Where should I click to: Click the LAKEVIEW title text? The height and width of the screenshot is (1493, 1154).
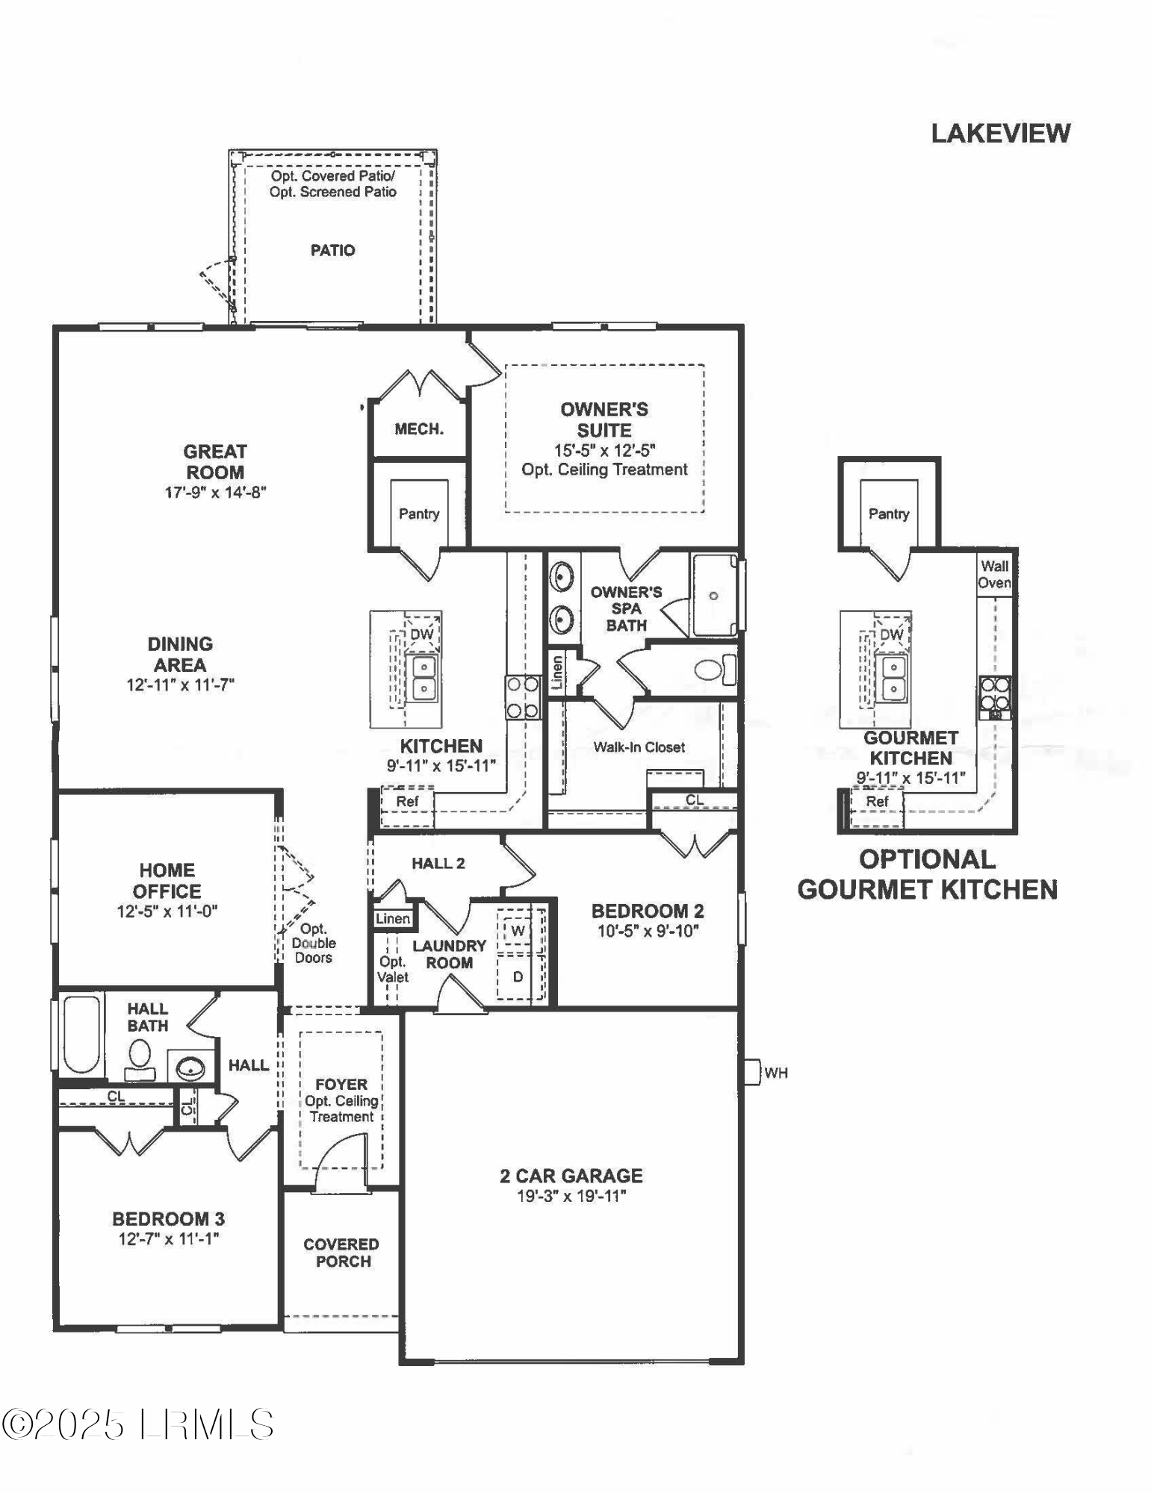1000,134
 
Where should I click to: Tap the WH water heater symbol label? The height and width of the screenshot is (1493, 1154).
775,1073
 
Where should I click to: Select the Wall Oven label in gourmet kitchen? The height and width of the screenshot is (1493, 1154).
994,575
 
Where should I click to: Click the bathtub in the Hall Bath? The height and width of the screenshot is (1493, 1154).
80,1034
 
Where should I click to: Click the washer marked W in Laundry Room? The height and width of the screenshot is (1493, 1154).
518,931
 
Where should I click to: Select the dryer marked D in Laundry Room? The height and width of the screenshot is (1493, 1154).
518,976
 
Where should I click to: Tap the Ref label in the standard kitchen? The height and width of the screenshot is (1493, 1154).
407,802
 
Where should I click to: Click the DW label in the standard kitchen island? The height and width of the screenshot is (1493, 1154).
422,635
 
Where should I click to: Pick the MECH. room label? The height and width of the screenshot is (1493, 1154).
419,429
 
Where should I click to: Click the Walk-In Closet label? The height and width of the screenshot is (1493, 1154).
639,747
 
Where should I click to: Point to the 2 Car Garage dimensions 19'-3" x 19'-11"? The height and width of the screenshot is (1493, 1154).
571,1196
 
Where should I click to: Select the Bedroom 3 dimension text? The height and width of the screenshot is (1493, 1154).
167,1239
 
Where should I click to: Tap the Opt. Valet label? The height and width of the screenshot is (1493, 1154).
393,969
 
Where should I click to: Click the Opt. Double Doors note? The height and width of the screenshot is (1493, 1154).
314,943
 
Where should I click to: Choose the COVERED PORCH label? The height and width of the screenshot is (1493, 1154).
341,1253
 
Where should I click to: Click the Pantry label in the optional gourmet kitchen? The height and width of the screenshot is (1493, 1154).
888,514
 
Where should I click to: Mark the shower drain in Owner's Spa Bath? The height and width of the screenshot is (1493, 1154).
713,596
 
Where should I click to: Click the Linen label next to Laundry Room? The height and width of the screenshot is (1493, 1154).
393,919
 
